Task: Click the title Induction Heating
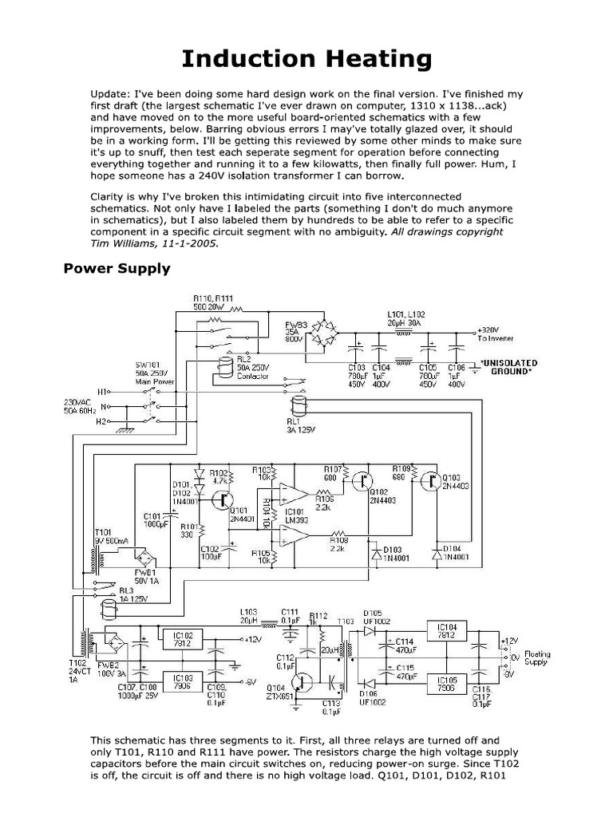point(306,58)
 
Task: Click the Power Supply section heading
point(117,269)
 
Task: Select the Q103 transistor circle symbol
point(432,480)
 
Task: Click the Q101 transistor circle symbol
point(220,499)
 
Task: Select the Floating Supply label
point(536,658)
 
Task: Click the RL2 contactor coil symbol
point(225,365)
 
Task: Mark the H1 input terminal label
point(101,392)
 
